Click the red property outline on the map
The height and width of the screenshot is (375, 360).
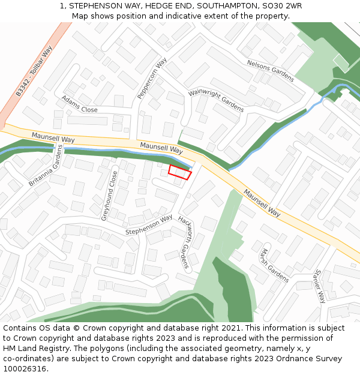[x=179, y=172]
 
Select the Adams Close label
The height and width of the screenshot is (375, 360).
[x=79, y=104]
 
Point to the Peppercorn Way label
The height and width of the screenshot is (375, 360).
[x=152, y=79]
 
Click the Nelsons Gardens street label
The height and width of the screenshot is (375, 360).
[x=271, y=71]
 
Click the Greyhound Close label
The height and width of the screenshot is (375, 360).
[x=109, y=196]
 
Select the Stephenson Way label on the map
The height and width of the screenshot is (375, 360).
[x=149, y=224]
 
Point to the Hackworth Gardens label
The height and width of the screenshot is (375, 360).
[x=184, y=242]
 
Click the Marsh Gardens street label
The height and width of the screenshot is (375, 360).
[x=275, y=265]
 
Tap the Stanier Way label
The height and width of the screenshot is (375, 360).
[x=319, y=286]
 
